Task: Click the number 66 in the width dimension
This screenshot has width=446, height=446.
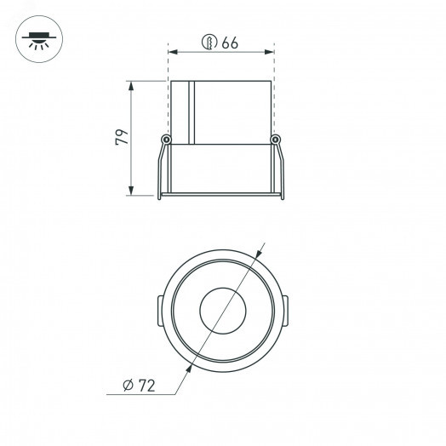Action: [x=230, y=43]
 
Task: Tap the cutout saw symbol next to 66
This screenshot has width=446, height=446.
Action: [x=208, y=43]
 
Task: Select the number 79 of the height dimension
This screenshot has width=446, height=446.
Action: [x=122, y=137]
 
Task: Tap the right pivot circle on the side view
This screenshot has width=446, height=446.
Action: [x=275, y=140]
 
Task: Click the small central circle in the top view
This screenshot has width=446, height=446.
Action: [x=221, y=311]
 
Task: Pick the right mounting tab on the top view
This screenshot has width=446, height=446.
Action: [x=284, y=311]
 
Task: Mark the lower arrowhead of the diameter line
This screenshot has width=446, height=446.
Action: [x=186, y=366]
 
